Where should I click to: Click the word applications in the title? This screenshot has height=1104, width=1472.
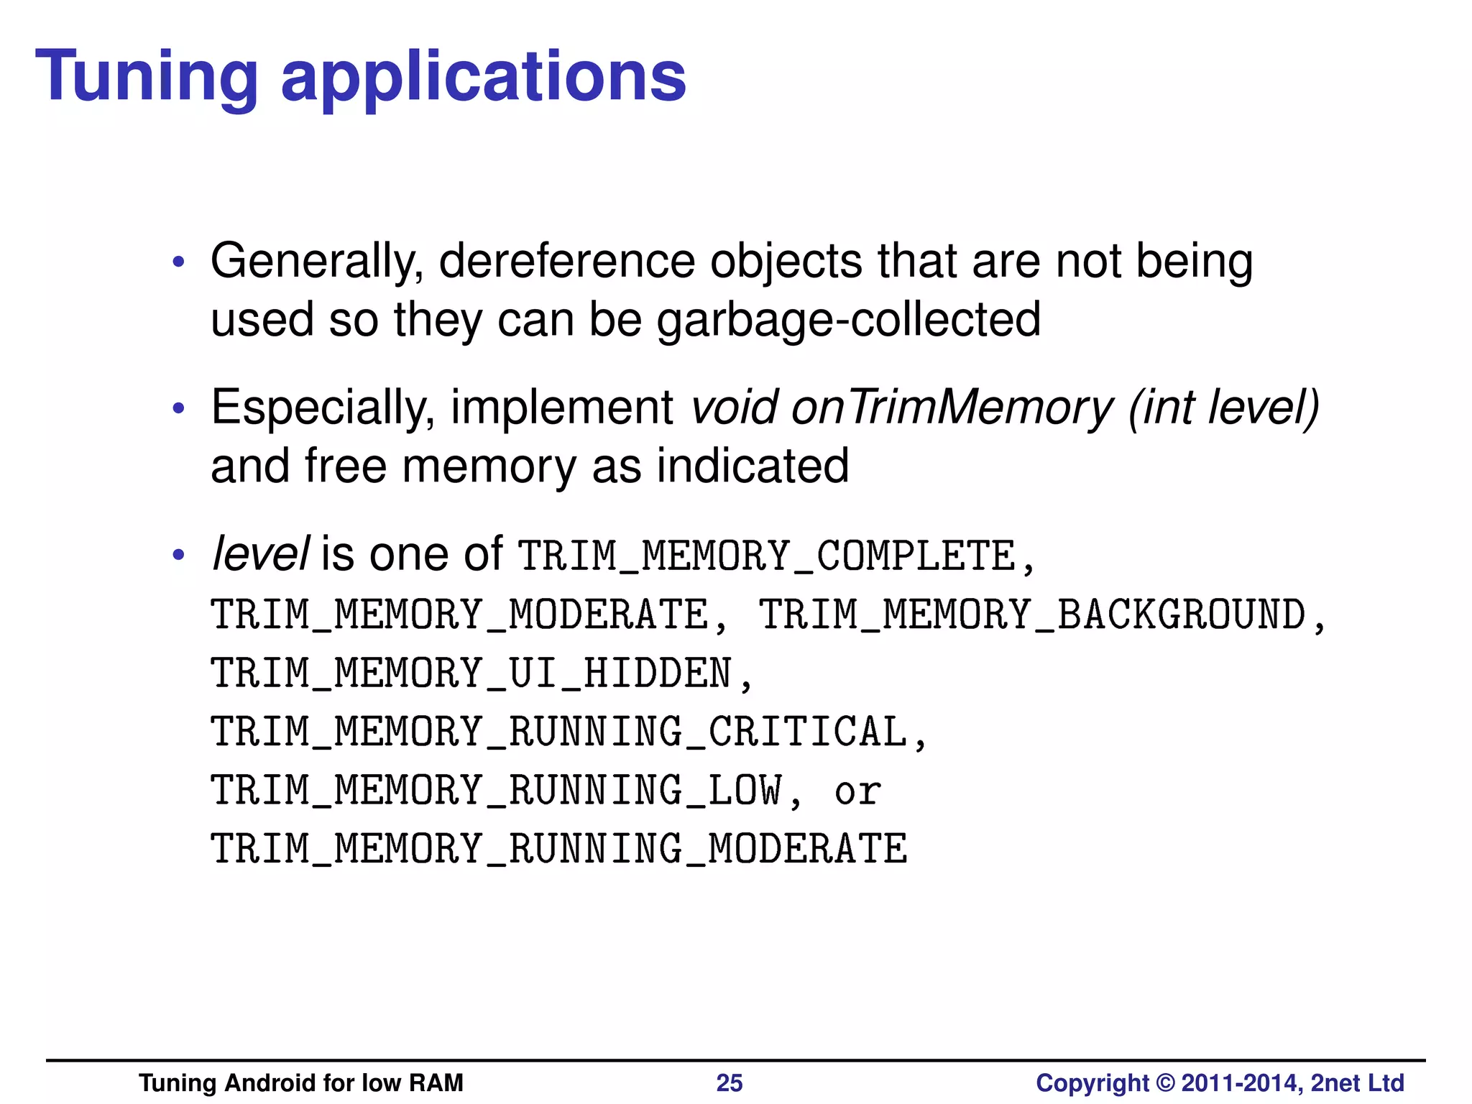[x=483, y=78]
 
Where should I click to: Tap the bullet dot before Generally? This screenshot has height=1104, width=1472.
[x=179, y=262]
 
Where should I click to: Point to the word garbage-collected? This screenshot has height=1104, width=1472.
[x=848, y=320]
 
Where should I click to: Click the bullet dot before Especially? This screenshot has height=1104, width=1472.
[x=179, y=409]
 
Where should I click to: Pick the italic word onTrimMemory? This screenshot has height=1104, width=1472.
[x=952, y=408]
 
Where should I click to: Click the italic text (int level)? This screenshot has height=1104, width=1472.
[x=1223, y=408]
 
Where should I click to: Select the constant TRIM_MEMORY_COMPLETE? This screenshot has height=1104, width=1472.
[x=767, y=556]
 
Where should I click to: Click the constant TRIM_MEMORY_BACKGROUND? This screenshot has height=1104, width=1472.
[x=1033, y=615]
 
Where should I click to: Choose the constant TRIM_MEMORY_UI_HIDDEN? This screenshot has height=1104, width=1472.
[x=471, y=674]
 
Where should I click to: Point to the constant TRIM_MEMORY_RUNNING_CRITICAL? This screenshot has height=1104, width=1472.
[x=558, y=732]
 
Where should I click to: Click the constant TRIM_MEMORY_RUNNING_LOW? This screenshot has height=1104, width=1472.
[x=496, y=791]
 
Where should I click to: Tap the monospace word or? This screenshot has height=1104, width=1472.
[x=857, y=791]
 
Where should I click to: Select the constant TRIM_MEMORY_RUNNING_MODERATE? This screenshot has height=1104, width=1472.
[x=558, y=850]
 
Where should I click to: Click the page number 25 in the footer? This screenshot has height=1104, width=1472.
[x=729, y=1083]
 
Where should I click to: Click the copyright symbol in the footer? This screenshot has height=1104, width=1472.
[x=1165, y=1083]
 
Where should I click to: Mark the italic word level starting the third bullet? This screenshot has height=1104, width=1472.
[x=260, y=555]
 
